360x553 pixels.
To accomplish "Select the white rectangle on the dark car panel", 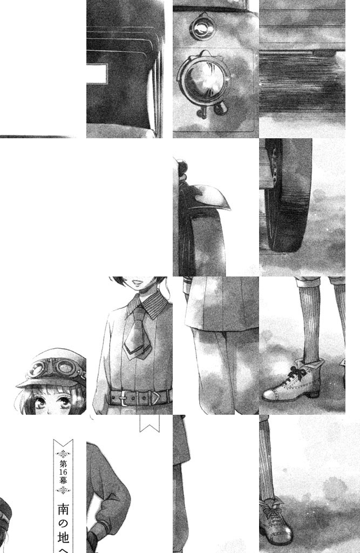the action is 96,73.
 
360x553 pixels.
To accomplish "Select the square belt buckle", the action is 123,398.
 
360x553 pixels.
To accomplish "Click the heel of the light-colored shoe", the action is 312,394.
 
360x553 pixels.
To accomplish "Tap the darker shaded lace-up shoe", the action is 275,522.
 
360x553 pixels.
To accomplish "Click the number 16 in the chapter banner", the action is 64,471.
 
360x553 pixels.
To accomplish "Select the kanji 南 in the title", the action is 64,510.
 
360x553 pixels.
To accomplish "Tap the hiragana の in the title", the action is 64,524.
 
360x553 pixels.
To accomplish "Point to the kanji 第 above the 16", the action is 64,463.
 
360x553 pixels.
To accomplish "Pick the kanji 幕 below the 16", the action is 64,480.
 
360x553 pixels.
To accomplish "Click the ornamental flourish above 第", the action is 64,453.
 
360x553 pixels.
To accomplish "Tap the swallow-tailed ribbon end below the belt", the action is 150,423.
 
